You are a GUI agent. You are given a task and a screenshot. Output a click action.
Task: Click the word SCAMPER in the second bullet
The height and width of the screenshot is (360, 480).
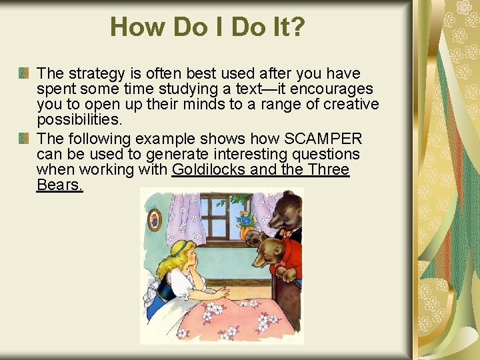point(324,139)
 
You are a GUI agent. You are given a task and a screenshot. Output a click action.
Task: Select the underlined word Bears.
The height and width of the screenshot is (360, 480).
point(59,185)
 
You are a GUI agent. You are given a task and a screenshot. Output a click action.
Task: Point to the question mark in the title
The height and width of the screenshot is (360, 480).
point(298,27)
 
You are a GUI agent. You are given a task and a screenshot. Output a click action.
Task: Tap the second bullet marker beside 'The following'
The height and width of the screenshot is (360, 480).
point(24,139)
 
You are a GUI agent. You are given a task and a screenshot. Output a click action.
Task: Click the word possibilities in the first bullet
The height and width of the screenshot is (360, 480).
point(79,119)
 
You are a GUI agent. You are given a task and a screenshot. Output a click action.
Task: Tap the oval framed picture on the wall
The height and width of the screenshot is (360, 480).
point(155,218)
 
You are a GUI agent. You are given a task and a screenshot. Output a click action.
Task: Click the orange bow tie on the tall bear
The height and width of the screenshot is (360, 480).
point(286,233)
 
